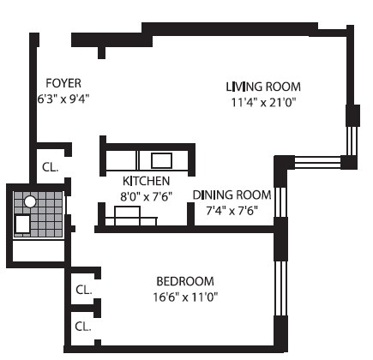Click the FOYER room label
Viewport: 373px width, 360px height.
pyautogui.click(x=64, y=83)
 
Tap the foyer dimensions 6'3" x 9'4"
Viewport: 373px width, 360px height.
pyautogui.click(x=64, y=98)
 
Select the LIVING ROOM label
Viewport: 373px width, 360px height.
pyautogui.click(x=264, y=87)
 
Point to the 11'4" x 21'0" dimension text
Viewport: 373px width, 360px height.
pyautogui.click(x=264, y=102)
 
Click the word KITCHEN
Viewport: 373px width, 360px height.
pyautogui.click(x=146, y=181)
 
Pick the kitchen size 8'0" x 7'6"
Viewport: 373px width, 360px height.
pyautogui.click(x=146, y=195)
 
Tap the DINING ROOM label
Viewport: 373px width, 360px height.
pyautogui.click(x=232, y=195)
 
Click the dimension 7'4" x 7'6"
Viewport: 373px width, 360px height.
pyautogui.click(x=232, y=209)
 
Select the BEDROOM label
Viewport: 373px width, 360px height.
pyautogui.click(x=185, y=281)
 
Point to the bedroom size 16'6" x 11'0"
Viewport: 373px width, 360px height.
pyautogui.click(x=185, y=297)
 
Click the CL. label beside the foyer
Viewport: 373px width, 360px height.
pyautogui.click(x=50, y=167)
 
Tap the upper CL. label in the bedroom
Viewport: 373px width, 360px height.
pyautogui.click(x=83, y=290)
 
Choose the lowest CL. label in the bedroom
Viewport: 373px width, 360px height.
pyautogui.click(x=83, y=326)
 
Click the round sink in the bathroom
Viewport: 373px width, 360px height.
pyautogui.click(x=30, y=203)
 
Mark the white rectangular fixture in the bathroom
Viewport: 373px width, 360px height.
pyautogui.click(x=23, y=225)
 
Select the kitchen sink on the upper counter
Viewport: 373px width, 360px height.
pyautogui.click(x=161, y=160)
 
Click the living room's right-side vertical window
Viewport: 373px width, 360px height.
pyautogui.click(x=350, y=140)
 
